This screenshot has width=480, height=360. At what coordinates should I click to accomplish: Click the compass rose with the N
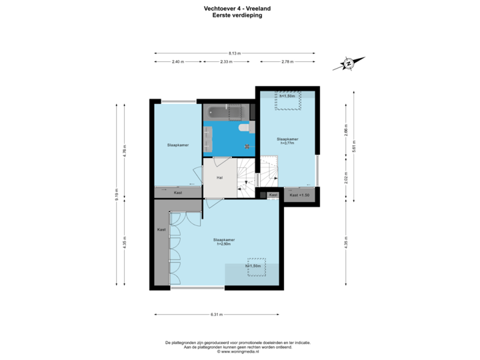point(349,64)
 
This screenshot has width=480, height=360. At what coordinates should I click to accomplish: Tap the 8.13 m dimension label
point(234,52)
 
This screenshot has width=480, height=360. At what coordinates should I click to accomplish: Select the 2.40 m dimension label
point(177,61)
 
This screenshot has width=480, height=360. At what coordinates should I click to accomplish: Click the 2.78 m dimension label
point(287,61)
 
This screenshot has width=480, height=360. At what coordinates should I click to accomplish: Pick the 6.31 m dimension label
point(215,313)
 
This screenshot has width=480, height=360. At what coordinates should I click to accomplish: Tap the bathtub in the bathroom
point(219,111)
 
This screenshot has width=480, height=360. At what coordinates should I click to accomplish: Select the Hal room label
point(219,177)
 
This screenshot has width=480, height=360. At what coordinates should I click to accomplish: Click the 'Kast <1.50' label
point(300,195)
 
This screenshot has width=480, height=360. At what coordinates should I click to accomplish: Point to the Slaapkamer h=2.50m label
point(224,241)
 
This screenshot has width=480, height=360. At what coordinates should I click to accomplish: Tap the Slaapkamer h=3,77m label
point(287,141)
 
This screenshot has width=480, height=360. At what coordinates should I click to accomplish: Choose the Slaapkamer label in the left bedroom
point(177,144)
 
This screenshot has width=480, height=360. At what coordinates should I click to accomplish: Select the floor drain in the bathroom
point(247,145)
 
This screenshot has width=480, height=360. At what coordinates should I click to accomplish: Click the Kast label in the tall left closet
point(161,229)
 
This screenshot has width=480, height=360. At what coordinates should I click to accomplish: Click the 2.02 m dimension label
point(346,179)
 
